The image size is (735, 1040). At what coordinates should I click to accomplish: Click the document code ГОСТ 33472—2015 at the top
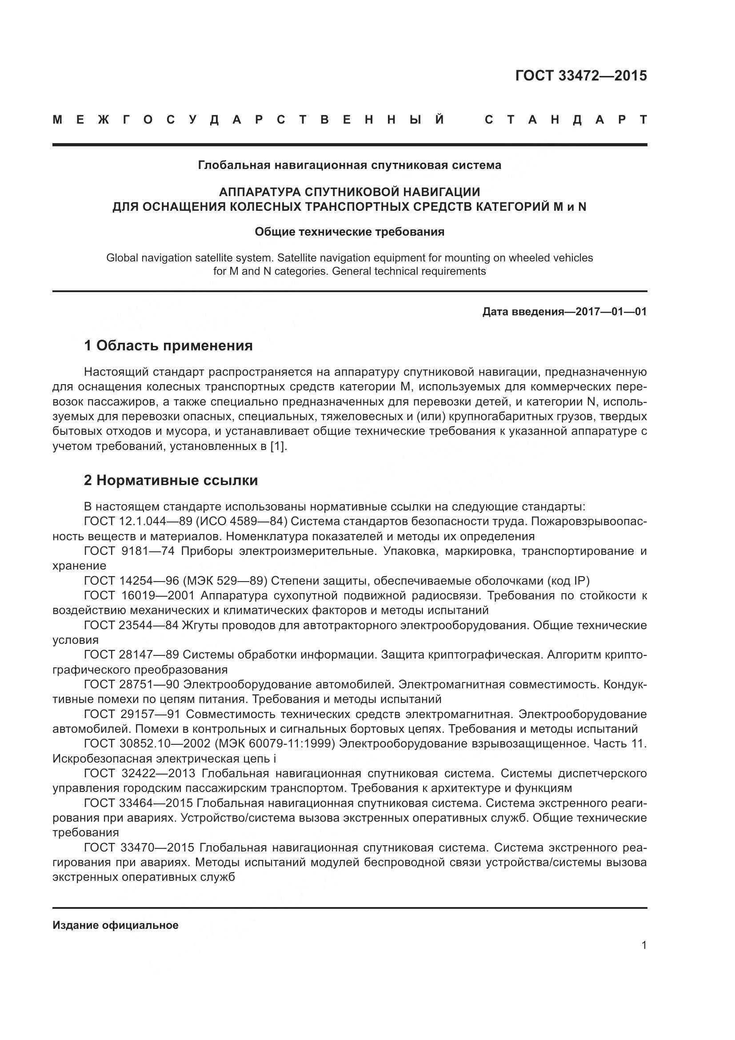(581, 76)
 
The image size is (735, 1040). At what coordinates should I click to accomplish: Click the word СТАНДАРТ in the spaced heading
(565, 120)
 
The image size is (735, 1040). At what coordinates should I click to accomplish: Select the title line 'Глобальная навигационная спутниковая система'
(349, 165)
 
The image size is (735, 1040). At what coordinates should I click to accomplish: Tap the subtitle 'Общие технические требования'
(349, 232)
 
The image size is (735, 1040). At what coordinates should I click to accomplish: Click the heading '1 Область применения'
(168, 345)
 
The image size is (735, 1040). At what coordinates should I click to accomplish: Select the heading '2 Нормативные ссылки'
(171, 480)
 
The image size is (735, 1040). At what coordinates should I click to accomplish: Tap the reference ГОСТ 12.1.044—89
(138, 522)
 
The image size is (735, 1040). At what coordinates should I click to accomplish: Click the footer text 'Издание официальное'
(116, 925)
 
